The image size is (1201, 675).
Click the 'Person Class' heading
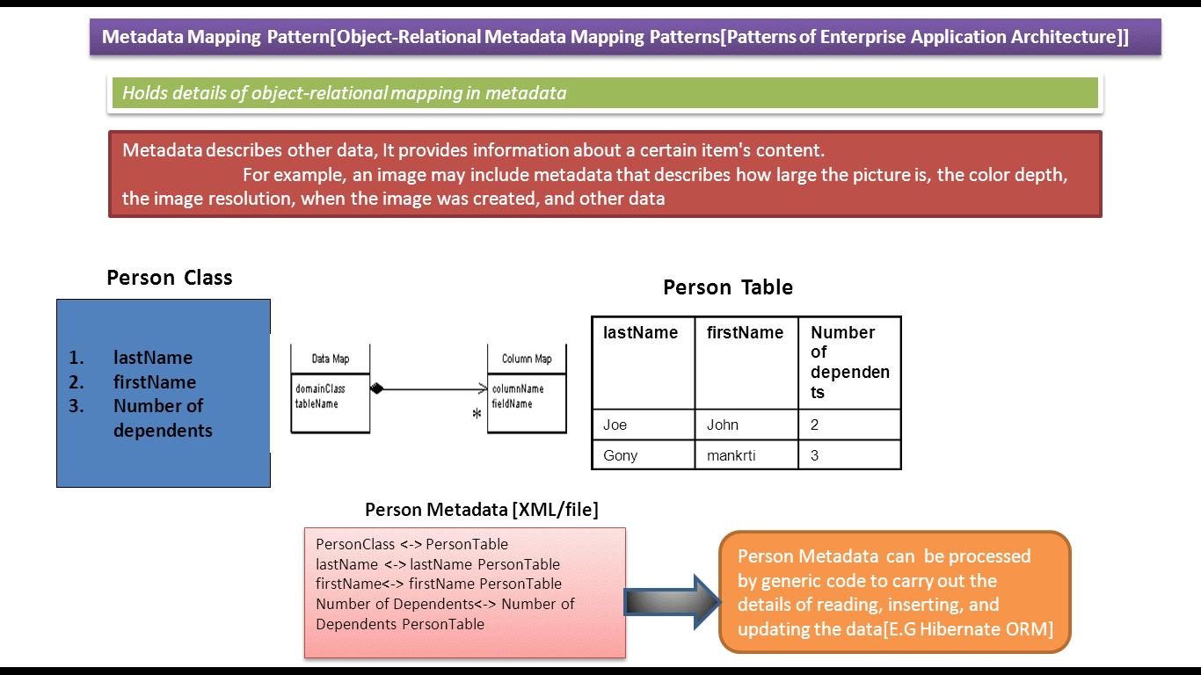(x=170, y=278)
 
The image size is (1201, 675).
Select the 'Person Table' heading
(x=728, y=287)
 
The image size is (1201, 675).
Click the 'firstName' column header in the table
(x=745, y=333)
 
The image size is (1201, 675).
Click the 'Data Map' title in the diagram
(x=331, y=359)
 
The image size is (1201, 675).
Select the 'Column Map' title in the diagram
(x=527, y=359)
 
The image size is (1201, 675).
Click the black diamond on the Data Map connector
(x=377, y=388)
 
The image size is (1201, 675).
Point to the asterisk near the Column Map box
(x=477, y=414)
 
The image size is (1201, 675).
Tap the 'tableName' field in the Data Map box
(x=317, y=403)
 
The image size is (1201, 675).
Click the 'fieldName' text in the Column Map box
(x=512, y=403)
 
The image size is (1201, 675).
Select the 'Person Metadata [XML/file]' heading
(x=481, y=510)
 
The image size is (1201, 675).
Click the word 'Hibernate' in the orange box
(x=957, y=629)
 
